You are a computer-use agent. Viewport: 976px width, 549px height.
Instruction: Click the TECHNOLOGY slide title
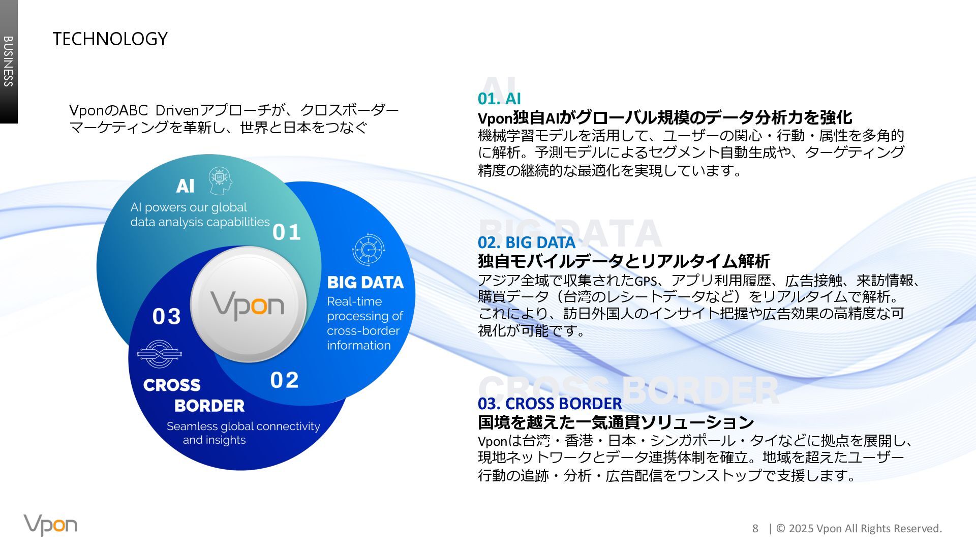[x=110, y=39]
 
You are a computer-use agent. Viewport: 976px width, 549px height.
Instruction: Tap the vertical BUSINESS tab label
[x=9, y=61]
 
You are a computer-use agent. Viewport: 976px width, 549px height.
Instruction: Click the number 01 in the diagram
[x=287, y=232]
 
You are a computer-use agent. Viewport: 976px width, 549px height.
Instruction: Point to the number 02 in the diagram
[x=284, y=380]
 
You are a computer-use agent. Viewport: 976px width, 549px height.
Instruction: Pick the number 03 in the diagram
[x=167, y=317]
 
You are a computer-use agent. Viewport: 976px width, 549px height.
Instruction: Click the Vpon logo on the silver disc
[x=248, y=305]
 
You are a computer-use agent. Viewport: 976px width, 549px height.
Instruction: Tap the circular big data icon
[x=368, y=250]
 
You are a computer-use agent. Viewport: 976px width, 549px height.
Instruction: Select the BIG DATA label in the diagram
[x=365, y=283]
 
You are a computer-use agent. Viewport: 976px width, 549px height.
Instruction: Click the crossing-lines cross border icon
[x=159, y=354]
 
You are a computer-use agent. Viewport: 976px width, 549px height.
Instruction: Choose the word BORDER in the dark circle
[x=209, y=406]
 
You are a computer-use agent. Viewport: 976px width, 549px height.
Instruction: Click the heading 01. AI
[x=499, y=98]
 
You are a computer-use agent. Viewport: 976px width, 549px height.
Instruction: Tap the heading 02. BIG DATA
[x=526, y=242]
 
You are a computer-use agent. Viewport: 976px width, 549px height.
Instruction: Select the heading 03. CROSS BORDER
[x=550, y=403]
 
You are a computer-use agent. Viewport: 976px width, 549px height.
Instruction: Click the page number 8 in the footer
[x=755, y=529]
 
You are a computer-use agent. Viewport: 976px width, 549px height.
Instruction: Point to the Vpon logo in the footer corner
[x=50, y=525]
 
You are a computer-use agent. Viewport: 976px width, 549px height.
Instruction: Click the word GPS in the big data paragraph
[x=646, y=281]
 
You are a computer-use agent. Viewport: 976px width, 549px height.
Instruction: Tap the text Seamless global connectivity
[x=243, y=426]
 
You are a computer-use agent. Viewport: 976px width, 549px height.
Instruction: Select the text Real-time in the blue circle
[x=354, y=301]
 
